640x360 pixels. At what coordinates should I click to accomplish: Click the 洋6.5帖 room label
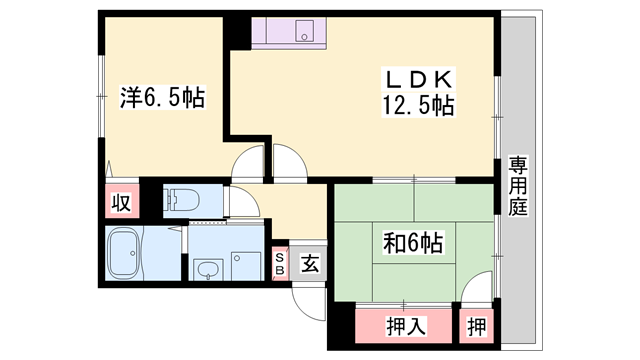coord(163,99)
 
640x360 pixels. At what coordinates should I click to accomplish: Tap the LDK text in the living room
coord(416,79)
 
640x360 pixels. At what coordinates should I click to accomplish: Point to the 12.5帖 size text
coord(416,104)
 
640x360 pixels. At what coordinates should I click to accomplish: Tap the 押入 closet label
coord(406,325)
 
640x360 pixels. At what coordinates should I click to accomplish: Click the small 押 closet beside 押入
coord(477,325)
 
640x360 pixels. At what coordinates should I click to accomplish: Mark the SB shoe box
coord(280,263)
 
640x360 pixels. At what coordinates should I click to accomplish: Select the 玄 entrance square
coord(310,263)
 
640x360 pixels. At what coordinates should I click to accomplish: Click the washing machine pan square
coord(246,266)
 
